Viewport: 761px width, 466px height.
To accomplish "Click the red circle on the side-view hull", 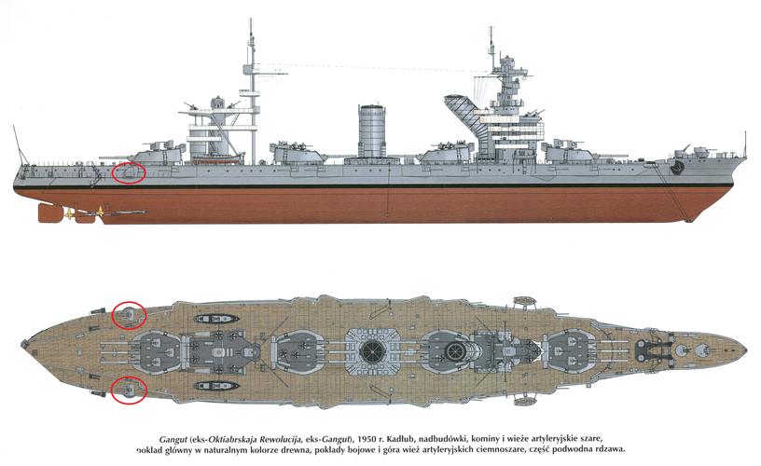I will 129,172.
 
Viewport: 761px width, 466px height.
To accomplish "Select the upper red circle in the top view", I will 129,315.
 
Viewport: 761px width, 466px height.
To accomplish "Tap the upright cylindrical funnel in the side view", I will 373,130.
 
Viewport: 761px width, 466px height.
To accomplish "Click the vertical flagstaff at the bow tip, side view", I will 744,144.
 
